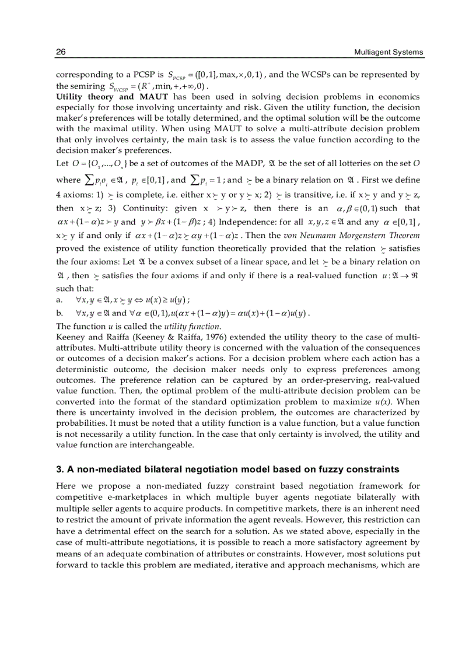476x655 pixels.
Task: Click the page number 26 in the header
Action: coord(61,52)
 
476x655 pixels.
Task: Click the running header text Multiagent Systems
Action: coord(388,52)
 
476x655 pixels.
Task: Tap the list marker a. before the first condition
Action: coord(59,299)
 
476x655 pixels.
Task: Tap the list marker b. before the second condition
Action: coord(59,313)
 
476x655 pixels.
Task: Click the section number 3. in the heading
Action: coord(60,468)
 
